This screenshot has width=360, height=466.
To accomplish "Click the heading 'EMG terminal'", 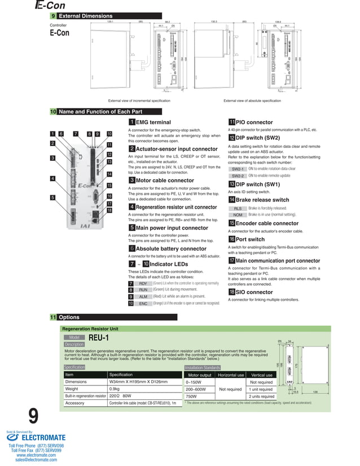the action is (x=153, y=122).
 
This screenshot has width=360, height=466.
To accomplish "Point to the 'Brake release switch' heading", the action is (x=262, y=200).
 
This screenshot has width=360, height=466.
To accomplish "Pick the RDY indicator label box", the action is (x=143, y=283).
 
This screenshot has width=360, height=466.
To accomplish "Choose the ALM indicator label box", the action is (x=143, y=296).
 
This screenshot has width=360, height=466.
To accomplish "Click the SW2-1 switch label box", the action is (x=238, y=169).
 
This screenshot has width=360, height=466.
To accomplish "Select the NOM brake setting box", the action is (x=238, y=215).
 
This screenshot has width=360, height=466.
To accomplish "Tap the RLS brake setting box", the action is (x=238, y=209).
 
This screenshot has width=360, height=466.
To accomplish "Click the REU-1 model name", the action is (x=99, y=337).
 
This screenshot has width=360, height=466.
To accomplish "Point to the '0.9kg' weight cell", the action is (x=114, y=389).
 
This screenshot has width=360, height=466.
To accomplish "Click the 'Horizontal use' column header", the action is (x=231, y=375).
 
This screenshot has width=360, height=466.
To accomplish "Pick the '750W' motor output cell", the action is (x=192, y=396).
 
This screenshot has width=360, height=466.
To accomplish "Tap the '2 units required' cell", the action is (x=261, y=396).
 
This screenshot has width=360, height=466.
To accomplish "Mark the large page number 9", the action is (x=33, y=417).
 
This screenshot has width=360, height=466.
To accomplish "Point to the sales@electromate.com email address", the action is (x=36, y=460).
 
